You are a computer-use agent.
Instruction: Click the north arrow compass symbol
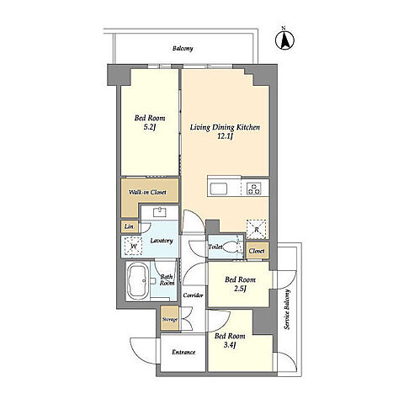284,40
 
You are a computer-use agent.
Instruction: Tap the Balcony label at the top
183,49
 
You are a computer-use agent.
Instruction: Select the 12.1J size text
225,137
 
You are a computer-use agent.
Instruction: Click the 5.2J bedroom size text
150,127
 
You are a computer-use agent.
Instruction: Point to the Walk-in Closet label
147,193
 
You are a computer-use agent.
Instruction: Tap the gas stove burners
253,189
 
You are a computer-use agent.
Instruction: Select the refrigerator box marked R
256,229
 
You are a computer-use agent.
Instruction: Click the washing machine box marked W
133,247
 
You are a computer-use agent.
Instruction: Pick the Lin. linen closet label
129,226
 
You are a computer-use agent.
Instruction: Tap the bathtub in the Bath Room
137,281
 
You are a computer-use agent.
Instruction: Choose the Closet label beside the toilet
257,251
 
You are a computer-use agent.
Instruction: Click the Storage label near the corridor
170,320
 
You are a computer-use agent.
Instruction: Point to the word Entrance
183,353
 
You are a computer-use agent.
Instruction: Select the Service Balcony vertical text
287,309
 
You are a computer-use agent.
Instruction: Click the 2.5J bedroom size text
240,289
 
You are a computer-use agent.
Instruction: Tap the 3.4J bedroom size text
230,345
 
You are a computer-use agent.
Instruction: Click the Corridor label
193,295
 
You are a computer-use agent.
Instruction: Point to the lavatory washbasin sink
160,212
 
